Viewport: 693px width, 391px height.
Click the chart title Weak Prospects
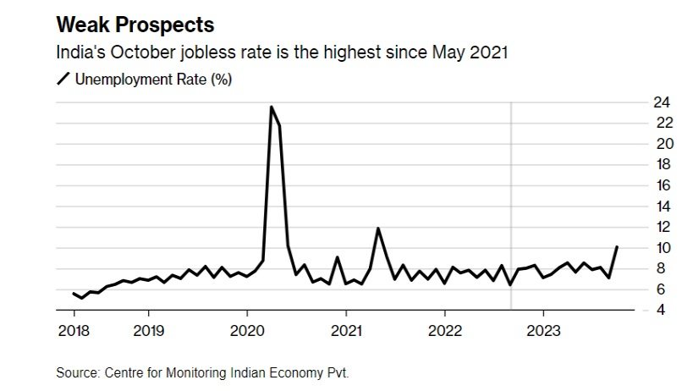[x=135, y=23]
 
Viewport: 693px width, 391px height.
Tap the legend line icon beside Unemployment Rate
[x=63, y=80]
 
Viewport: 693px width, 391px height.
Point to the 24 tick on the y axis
[x=640, y=102]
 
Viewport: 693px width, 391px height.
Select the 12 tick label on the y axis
[x=640, y=227]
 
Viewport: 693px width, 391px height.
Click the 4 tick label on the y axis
[x=644, y=310]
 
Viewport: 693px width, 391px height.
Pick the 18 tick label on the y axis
[x=640, y=164]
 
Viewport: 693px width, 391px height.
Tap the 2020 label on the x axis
[x=247, y=330]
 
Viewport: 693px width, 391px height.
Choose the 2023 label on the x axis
[x=542, y=330]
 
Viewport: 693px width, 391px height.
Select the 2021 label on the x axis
[x=345, y=330]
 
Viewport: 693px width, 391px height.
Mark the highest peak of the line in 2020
[x=271, y=107]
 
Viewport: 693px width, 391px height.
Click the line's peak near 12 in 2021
[x=377, y=229]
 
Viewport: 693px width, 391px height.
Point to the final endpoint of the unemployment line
[x=617, y=247]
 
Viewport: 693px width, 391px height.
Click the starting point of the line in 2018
[x=74, y=293]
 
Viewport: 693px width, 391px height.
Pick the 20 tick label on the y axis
[x=640, y=144]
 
